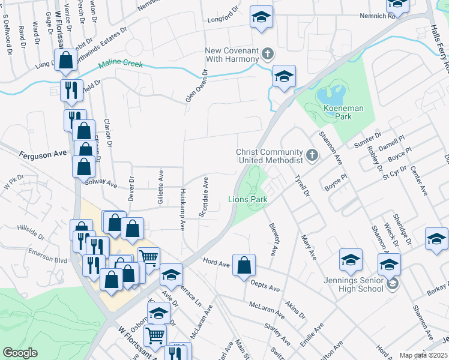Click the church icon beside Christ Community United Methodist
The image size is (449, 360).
(x=311, y=156)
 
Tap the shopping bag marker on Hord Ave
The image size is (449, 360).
(x=244, y=265)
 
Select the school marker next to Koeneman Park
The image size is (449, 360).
(x=284, y=76)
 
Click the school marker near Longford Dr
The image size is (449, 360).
(x=261, y=17)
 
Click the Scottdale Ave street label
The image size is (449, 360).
(x=205, y=197)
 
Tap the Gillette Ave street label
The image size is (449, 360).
(x=160, y=188)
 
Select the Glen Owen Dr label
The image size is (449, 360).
(x=196, y=85)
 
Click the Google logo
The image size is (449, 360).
(x=20, y=353)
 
